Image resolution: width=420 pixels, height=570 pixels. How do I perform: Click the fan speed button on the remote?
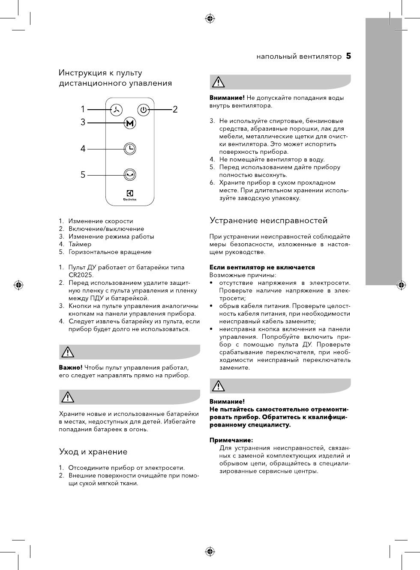116,110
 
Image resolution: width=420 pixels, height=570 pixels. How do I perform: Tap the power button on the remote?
144,110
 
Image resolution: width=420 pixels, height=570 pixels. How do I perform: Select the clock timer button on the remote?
130,149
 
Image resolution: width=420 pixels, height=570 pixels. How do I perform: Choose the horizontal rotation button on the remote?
130,174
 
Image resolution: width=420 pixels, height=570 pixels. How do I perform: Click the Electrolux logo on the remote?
130,195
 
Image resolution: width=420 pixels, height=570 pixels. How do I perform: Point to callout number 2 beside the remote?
175,110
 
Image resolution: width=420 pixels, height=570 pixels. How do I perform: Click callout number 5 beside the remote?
83,175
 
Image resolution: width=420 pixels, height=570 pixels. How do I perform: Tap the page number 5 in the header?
348,56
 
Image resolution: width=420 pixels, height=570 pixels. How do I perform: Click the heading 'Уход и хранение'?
93,452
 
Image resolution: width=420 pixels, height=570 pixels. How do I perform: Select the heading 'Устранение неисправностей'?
268,221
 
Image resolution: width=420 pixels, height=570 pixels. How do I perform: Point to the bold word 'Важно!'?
70,367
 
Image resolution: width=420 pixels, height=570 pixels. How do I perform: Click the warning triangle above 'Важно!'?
68,352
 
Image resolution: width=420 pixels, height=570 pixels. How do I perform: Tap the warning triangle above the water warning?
218,82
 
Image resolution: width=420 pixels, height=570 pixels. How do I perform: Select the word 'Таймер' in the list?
80,244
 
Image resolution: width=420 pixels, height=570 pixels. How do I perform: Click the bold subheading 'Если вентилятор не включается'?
262,267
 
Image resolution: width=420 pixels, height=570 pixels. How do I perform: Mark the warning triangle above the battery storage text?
68,397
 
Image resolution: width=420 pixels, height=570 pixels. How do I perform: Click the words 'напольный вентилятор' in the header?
299,56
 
